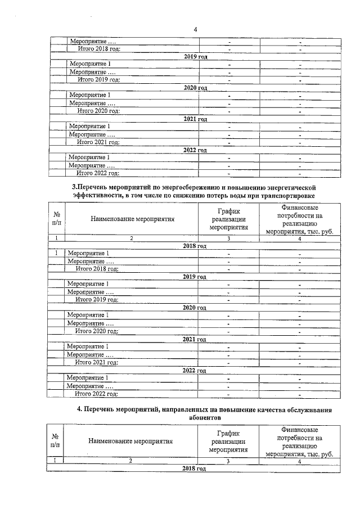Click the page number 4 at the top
coord(195,29)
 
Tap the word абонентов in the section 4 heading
coord(195,418)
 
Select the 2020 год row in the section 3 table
coord(195,308)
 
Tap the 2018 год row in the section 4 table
coord(195,469)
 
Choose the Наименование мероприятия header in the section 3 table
coord(133,220)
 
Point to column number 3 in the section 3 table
coord(228,238)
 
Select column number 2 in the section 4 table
coord(130,461)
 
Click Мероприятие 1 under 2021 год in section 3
coord(88,347)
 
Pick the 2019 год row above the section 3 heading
coord(195,57)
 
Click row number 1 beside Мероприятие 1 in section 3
coord(57,253)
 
